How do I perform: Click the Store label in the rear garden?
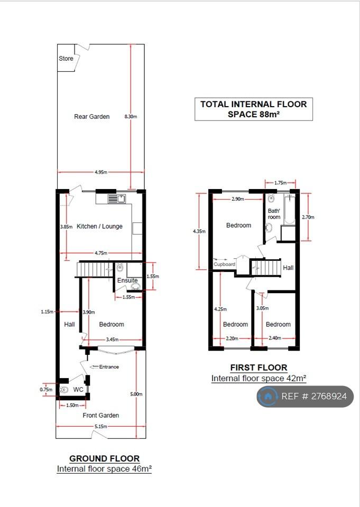66,59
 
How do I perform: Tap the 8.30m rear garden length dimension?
131,116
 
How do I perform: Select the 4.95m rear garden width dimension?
101,172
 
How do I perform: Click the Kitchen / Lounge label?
99,227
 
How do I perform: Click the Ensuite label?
127,280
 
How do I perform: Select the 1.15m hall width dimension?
47,312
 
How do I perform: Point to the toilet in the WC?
64,390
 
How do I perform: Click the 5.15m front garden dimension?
100,427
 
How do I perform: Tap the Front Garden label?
100,415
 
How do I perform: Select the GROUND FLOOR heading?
105,458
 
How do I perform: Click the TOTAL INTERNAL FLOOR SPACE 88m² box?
254,109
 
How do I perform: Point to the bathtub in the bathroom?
289,210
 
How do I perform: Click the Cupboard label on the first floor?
224,264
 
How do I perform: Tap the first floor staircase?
265,268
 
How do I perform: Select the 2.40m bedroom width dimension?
275,338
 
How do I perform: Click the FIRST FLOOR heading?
259,368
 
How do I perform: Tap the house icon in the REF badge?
267,396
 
